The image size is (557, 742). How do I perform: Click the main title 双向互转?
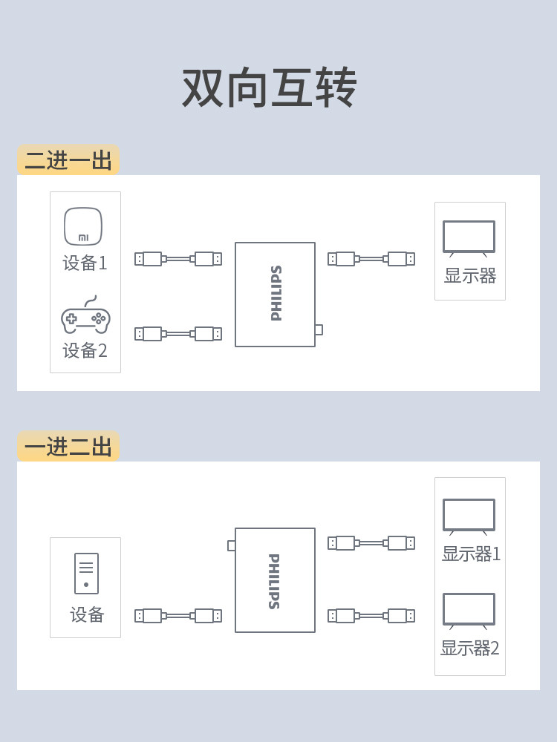click(x=269, y=88)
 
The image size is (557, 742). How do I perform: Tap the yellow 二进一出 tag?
click(x=68, y=160)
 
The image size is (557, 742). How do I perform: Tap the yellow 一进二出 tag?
click(x=68, y=446)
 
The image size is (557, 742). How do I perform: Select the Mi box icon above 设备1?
click(x=83, y=226)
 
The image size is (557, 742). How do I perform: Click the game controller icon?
click(x=85, y=315)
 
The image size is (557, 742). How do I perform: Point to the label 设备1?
click(x=85, y=263)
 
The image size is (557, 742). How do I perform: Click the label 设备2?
click(x=85, y=351)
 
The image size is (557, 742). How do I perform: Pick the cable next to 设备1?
click(x=178, y=259)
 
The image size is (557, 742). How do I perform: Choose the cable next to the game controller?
click(x=178, y=334)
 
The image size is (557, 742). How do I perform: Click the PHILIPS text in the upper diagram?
click(x=276, y=293)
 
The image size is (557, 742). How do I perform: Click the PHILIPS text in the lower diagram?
click(x=274, y=581)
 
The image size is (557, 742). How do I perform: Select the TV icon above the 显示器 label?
click(x=469, y=238)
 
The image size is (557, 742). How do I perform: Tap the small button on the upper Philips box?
click(x=319, y=329)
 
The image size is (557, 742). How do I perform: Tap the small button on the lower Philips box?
click(x=232, y=545)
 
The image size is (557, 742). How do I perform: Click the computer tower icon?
click(x=87, y=573)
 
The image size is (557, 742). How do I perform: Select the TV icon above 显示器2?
click(x=469, y=611)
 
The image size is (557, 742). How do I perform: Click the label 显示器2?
click(x=470, y=648)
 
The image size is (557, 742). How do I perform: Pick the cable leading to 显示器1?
click(x=371, y=543)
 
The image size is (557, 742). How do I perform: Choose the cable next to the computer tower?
click(x=178, y=616)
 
